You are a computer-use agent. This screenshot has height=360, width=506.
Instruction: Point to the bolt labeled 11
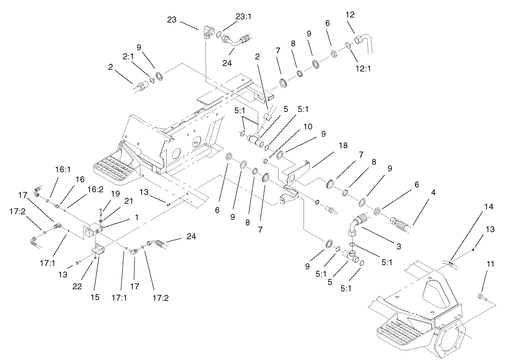click(x=482, y=297)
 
